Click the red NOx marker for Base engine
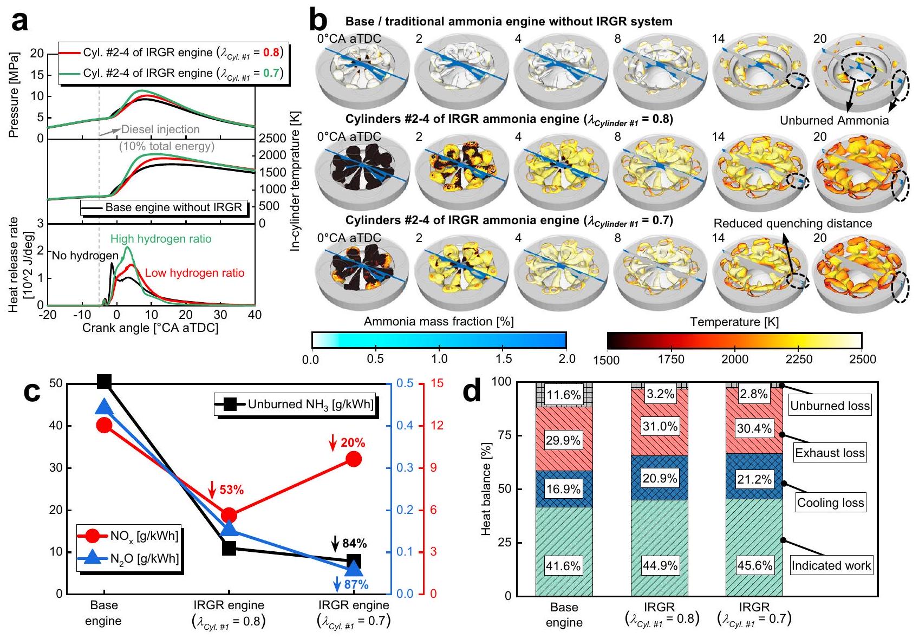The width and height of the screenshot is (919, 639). click(x=104, y=425)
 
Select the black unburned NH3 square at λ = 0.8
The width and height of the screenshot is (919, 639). click(x=229, y=547)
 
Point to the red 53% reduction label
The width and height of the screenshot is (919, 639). click(x=231, y=490)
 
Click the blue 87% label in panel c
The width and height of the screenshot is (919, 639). click(x=356, y=584)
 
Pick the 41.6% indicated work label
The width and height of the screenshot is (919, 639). click(x=563, y=566)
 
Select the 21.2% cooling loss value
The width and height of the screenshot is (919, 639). click(x=754, y=479)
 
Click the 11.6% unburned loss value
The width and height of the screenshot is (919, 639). click(x=563, y=395)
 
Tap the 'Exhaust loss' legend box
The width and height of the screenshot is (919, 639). click(x=830, y=453)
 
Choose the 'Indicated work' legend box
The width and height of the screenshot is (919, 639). click(x=831, y=566)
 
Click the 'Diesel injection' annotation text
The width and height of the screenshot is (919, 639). click(x=160, y=129)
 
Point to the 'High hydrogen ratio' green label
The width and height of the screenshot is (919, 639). click(x=161, y=239)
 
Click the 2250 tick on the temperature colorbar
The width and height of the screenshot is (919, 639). click(x=798, y=360)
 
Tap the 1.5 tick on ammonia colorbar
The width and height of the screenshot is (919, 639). click(x=503, y=360)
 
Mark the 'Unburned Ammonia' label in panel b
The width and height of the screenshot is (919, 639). click(x=834, y=121)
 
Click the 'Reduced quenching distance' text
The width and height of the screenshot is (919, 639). click(x=793, y=224)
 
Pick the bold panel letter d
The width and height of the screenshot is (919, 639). click(x=472, y=391)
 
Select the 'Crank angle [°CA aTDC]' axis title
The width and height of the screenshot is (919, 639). click(x=150, y=328)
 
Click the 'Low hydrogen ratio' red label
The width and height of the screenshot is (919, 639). click(x=194, y=273)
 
